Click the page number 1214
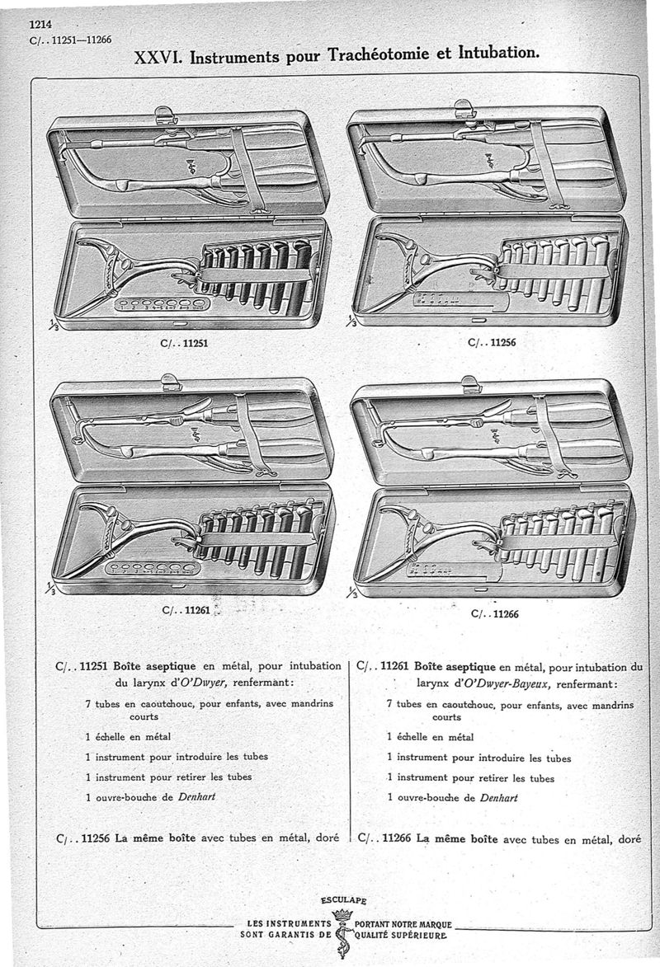(40, 24)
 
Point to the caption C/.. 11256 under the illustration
(491, 344)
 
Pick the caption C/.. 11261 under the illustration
(186, 611)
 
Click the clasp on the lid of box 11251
(166, 114)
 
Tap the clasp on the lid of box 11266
(469, 383)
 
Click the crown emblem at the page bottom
(342, 916)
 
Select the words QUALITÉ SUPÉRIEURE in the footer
(400, 936)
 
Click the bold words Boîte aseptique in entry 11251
(155, 666)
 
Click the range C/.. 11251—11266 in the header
(70, 39)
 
